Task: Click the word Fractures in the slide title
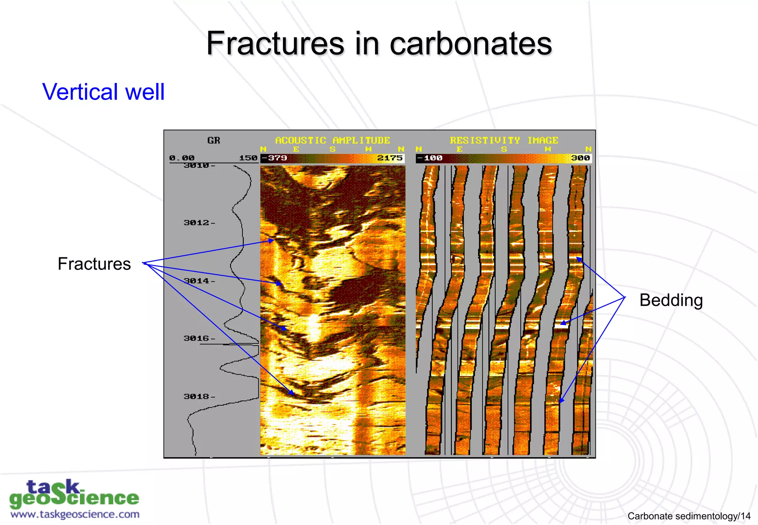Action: pyautogui.click(x=276, y=44)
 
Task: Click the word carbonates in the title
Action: pyautogui.click(x=470, y=44)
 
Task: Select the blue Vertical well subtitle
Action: pyautogui.click(x=103, y=92)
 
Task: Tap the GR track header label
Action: pyautogui.click(x=214, y=140)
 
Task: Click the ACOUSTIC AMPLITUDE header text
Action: pyautogui.click(x=332, y=140)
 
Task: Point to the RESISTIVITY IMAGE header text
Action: pyautogui.click(x=504, y=140)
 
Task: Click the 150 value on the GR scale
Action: pyautogui.click(x=248, y=158)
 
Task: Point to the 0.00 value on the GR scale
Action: pyautogui.click(x=182, y=158)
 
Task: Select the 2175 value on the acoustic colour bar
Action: pyautogui.click(x=390, y=158)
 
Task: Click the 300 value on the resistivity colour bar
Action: pyautogui.click(x=580, y=158)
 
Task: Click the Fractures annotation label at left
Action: pyautogui.click(x=94, y=264)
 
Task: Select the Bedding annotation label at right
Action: pyautogui.click(x=671, y=300)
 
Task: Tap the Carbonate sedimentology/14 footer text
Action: pyautogui.click(x=689, y=516)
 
